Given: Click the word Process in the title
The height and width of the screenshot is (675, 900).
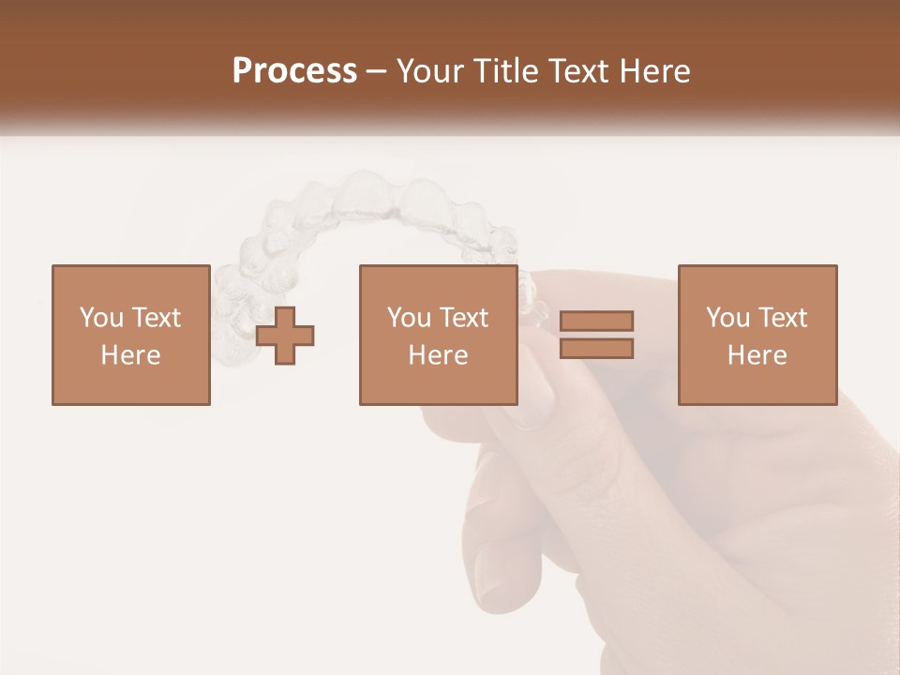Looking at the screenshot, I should point(294,71).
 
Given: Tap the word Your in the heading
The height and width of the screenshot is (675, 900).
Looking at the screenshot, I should point(431,71).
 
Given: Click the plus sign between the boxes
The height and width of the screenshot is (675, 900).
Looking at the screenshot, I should point(285,336).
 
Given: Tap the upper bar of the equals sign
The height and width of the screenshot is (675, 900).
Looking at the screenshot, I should point(596,322).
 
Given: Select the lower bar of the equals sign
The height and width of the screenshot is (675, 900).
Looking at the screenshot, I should point(596,349).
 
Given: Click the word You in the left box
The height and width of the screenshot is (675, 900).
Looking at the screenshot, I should point(101,318).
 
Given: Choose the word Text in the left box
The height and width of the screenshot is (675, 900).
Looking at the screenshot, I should point(156,318).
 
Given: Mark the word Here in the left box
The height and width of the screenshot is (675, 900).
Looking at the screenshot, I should point(130,355).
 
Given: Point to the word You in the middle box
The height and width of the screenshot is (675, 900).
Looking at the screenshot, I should point(409,318).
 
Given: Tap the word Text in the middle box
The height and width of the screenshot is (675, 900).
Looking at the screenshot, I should point(463,318).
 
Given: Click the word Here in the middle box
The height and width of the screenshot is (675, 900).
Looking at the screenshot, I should point(438,355).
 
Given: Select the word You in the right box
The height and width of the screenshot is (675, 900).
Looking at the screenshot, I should point(727,318).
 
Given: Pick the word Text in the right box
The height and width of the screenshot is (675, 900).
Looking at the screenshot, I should point(782,318).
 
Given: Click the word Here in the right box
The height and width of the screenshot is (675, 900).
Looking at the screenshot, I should point(757,355).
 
